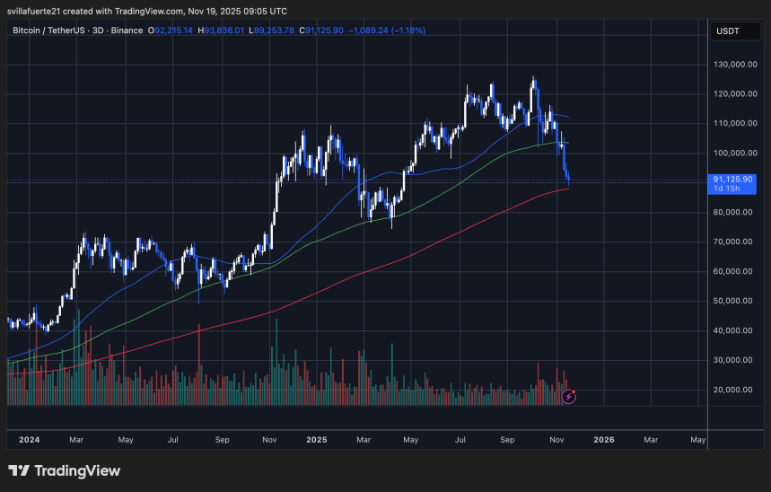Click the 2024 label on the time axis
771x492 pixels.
pos(30,440)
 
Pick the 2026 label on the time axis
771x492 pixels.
pos(604,440)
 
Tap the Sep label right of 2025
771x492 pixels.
pos(508,440)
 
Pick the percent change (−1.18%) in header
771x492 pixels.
pos(407,31)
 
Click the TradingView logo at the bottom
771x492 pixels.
pos(64,470)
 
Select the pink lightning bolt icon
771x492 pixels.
pos(567,396)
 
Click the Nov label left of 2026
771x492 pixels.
pos(556,440)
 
